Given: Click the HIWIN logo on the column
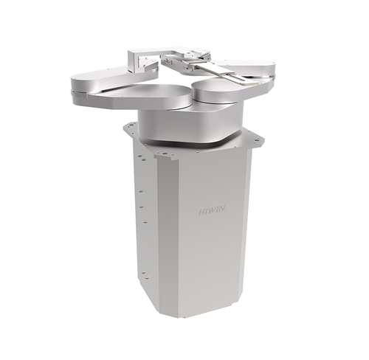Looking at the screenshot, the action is click(x=212, y=211).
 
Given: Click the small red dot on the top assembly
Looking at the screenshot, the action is click(x=209, y=59).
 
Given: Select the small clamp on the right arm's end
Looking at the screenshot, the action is click(x=272, y=78).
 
